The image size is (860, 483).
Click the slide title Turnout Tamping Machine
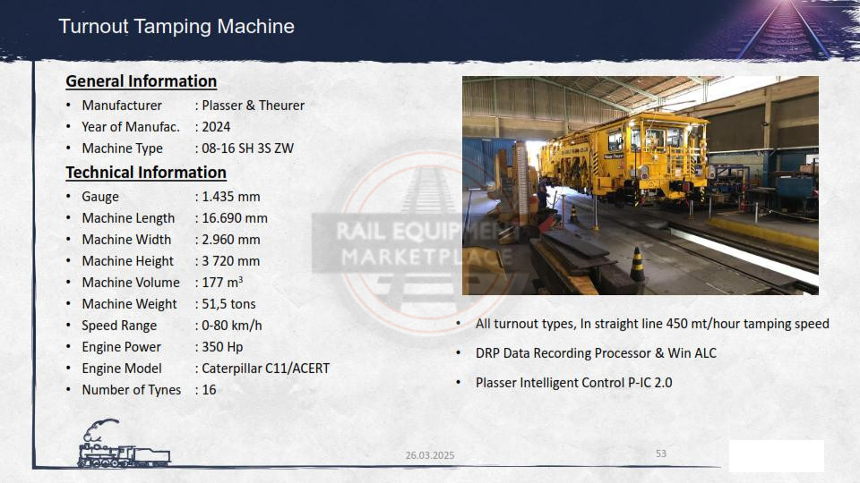pyautogui.click(x=176, y=26)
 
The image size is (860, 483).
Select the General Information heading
pyautogui.click(x=141, y=81)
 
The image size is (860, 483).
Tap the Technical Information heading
pyautogui.click(x=146, y=173)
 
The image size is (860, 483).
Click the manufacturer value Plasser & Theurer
pyautogui.click(x=253, y=106)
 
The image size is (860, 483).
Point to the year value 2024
pyautogui.click(x=216, y=126)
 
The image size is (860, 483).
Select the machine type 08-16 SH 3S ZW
pyautogui.click(x=247, y=148)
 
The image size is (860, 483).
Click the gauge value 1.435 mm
pyautogui.click(x=231, y=196)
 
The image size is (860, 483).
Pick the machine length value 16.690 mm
pyautogui.click(x=235, y=218)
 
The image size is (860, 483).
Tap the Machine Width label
pyautogui.click(x=126, y=240)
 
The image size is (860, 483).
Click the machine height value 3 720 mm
pyautogui.click(x=231, y=260)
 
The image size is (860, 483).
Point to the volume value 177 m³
pyautogui.click(x=222, y=282)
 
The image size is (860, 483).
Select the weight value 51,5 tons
pyautogui.click(x=228, y=303)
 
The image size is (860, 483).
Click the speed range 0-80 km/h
pyautogui.click(x=231, y=326)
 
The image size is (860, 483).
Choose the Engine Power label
pyautogui.click(x=121, y=347)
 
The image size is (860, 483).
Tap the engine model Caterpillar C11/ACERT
pyautogui.click(x=265, y=368)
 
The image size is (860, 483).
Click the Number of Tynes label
pyautogui.click(x=131, y=390)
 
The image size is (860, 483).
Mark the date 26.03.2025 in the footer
pyautogui.click(x=430, y=455)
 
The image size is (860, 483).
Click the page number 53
pyautogui.click(x=661, y=453)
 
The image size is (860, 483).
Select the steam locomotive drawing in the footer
pyautogui.click(x=124, y=445)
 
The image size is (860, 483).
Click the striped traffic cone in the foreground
pyautogui.click(x=637, y=265)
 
